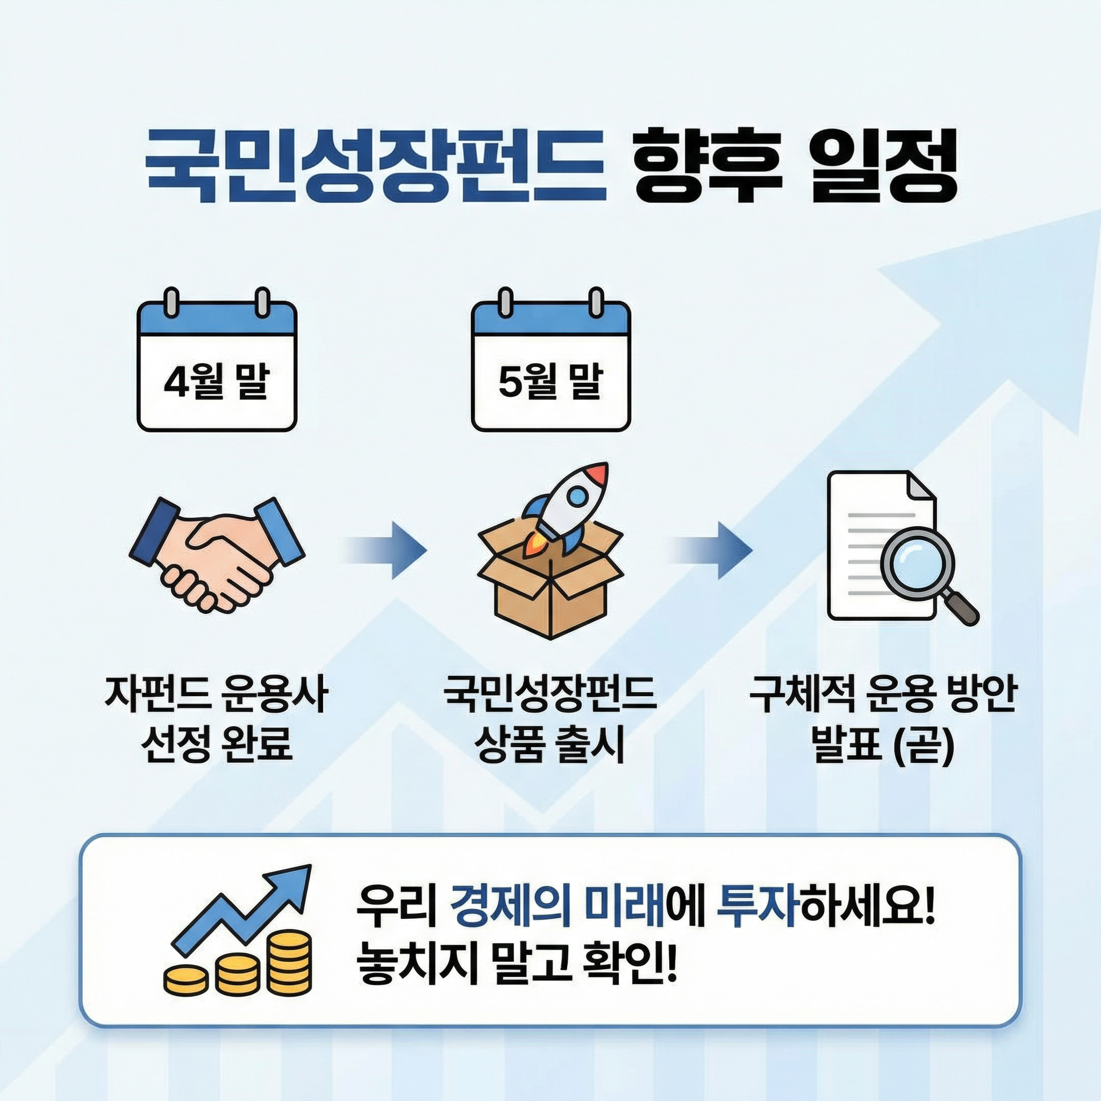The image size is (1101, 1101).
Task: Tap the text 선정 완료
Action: click(x=217, y=744)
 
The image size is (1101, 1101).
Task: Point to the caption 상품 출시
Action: click(x=550, y=744)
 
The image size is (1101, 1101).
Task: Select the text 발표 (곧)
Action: click(x=883, y=744)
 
